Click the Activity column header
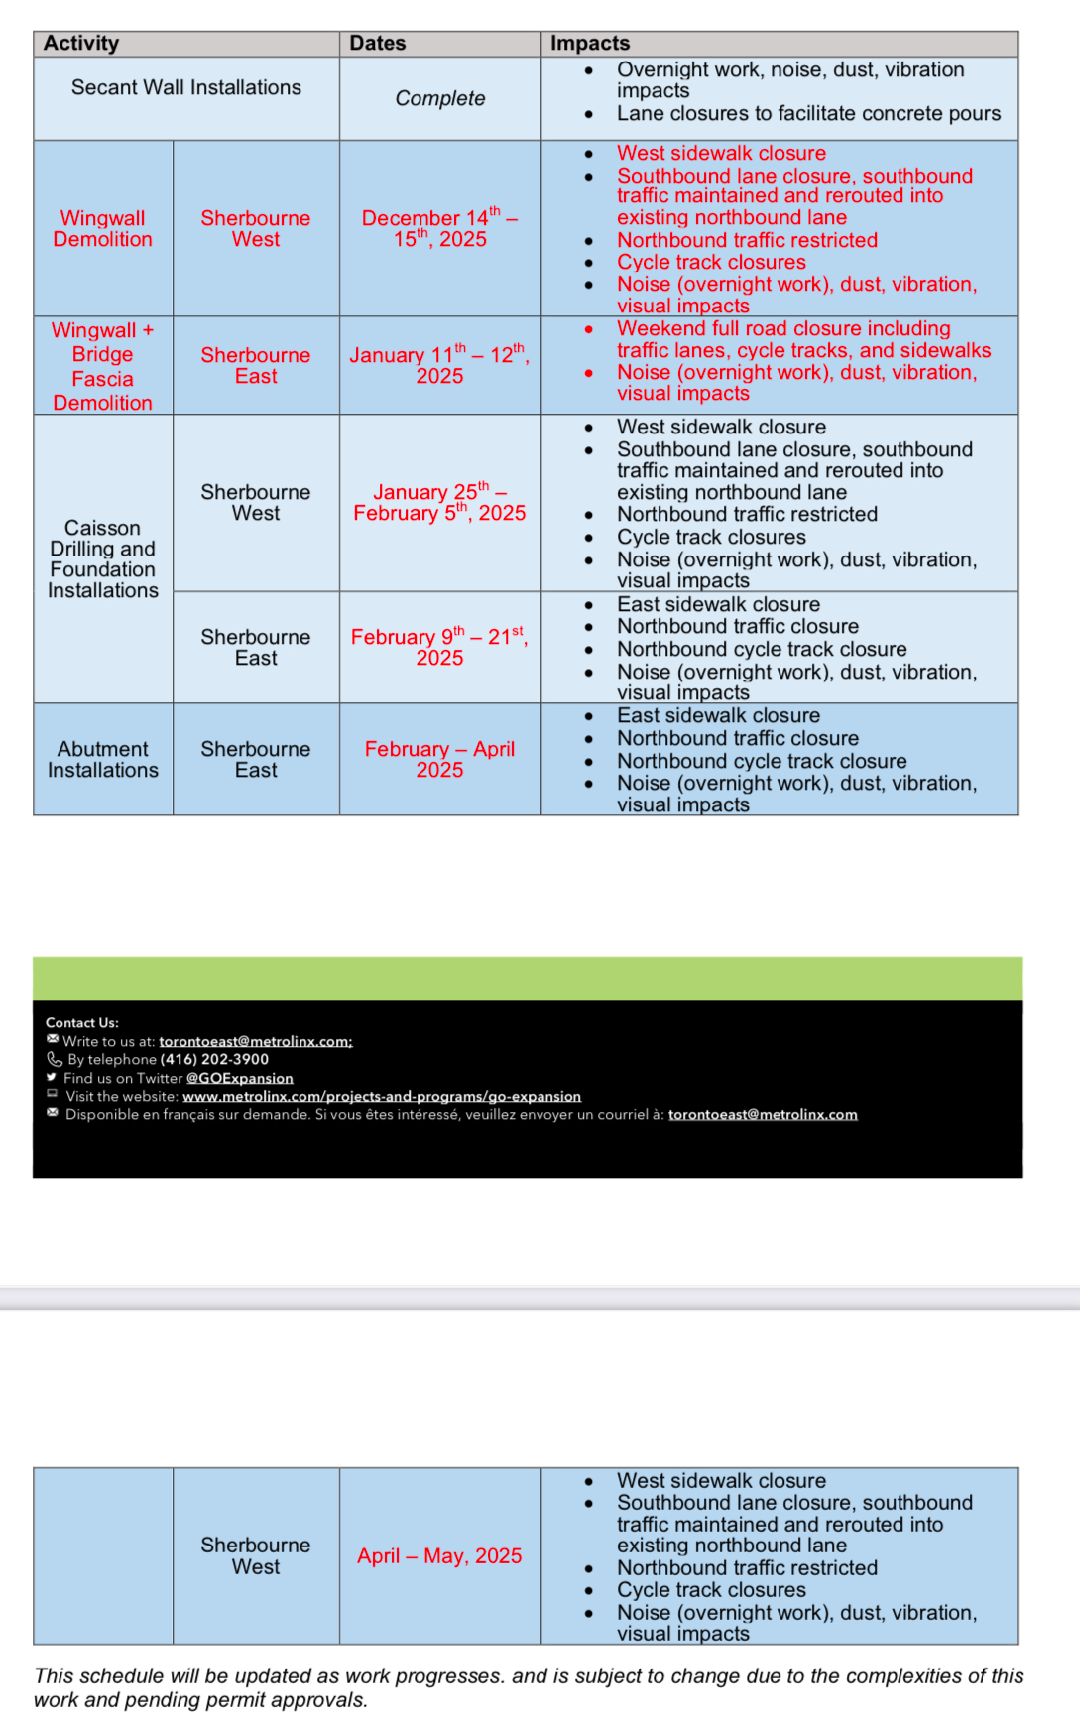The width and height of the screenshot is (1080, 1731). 81,44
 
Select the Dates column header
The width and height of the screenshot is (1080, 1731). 378,44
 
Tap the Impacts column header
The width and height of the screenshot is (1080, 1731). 590,44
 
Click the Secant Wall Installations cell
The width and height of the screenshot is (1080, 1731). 186,88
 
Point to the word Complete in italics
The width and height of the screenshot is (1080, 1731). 440,99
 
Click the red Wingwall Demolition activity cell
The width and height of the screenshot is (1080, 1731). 103,229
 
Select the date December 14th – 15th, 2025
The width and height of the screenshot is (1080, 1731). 440,228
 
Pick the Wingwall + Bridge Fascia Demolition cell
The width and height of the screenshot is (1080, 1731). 103,366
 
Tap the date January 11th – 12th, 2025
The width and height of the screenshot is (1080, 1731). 440,365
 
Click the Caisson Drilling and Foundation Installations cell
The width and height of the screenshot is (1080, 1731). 103,558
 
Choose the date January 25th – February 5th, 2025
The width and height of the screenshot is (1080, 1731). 440,503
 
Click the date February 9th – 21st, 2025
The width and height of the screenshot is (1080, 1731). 440,647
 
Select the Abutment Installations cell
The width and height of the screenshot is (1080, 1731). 103,760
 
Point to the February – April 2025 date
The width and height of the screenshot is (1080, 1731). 440,760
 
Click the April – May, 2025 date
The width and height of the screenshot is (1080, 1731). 440,1556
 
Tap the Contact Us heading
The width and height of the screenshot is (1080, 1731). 82,1023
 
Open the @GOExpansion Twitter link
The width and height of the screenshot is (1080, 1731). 240,1078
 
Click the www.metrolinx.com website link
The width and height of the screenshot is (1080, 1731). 382,1096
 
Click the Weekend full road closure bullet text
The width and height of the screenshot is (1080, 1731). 783,329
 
